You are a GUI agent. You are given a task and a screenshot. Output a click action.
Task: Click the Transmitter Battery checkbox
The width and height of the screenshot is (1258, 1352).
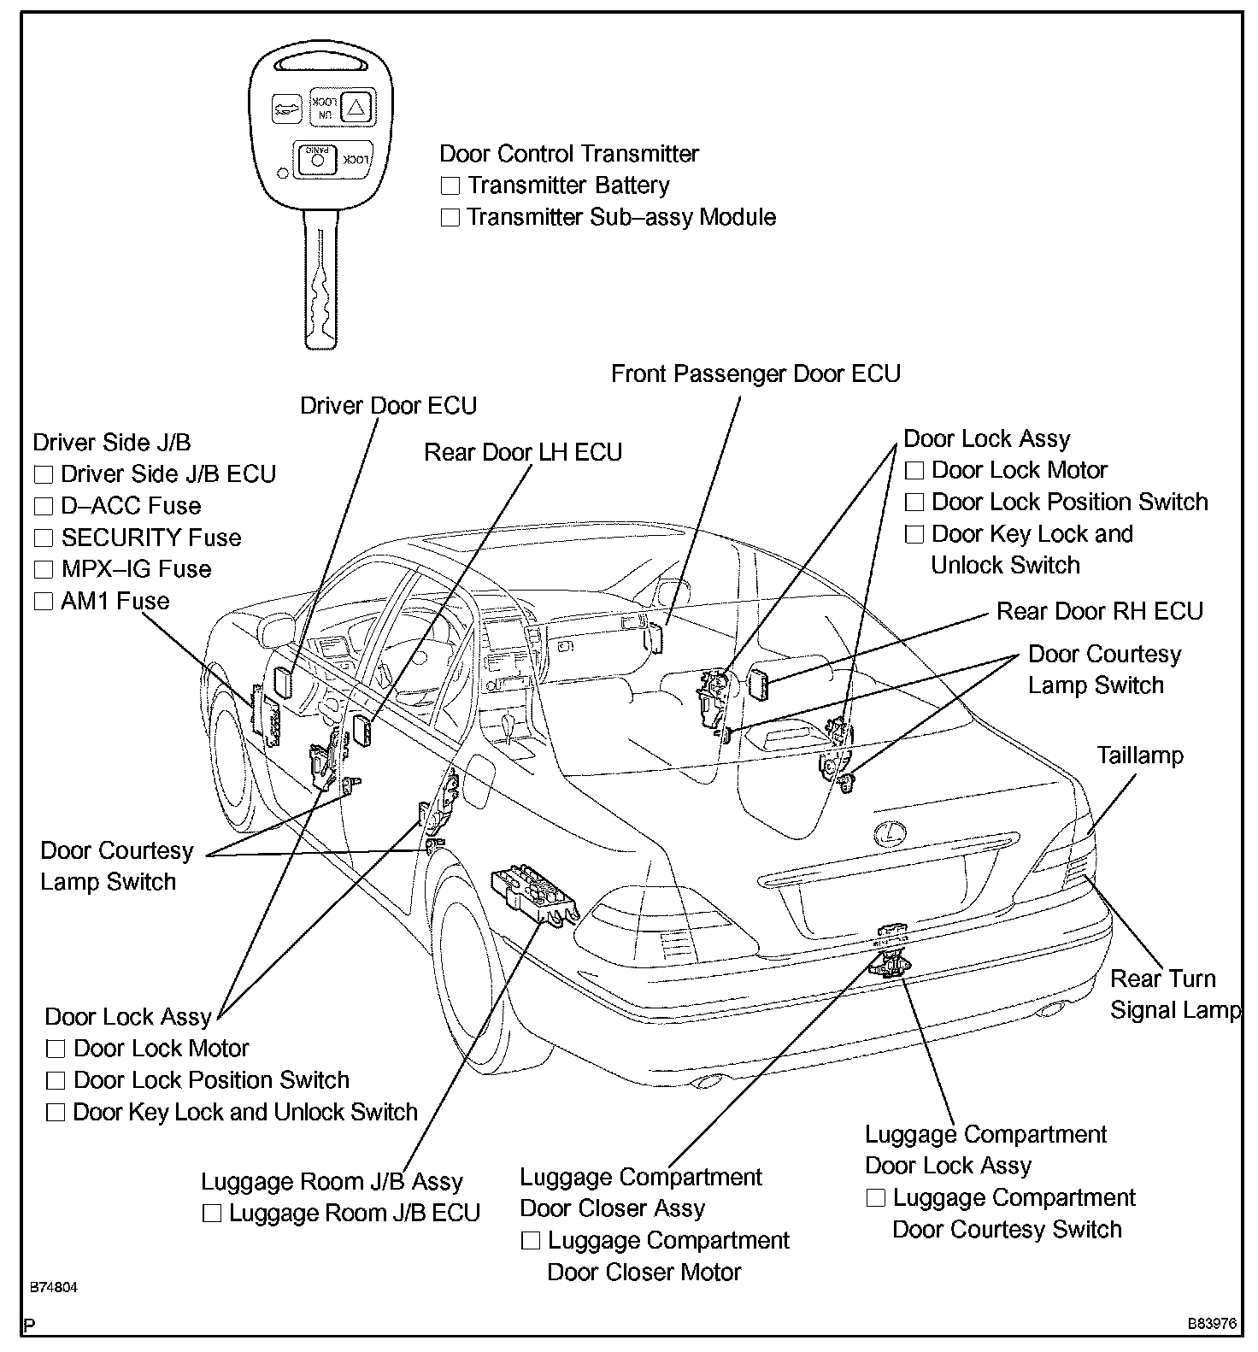coord(450,185)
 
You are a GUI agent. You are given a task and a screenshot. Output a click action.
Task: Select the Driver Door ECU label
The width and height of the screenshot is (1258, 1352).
coord(388,405)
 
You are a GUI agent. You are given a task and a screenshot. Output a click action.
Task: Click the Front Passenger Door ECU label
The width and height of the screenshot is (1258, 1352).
coord(755,373)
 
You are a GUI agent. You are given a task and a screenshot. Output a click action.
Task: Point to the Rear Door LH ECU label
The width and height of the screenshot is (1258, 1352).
coord(523,452)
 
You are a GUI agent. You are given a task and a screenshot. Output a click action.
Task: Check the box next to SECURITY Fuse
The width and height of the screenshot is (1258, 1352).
coord(43,538)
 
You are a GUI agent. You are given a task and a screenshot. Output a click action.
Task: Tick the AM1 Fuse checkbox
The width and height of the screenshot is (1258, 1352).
coord(43,602)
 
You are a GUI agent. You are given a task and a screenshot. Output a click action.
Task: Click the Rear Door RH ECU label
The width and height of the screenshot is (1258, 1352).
coord(1100,611)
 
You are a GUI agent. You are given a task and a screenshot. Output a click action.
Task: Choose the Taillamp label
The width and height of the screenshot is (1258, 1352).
coord(1140,755)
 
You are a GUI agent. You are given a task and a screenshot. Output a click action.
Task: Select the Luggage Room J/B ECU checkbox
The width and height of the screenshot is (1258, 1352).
coord(212,1214)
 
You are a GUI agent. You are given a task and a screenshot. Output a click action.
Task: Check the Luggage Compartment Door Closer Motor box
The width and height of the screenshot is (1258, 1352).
coord(530,1241)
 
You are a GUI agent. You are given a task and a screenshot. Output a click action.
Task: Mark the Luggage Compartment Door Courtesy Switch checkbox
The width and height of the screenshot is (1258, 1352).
coord(875,1198)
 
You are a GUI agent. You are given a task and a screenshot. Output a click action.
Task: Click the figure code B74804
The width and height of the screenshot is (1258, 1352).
coord(53,1287)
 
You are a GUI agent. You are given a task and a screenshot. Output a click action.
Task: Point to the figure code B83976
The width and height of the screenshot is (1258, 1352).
coord(1212,1324)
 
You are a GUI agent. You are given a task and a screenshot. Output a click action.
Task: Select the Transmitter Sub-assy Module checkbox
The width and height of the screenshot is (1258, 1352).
coord(450,218)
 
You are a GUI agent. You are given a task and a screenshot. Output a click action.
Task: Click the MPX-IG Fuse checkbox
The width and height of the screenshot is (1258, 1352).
coord(43,570)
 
